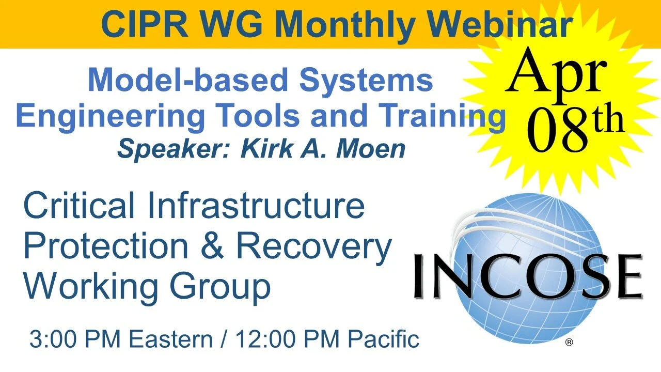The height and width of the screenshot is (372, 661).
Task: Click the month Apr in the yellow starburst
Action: [x=556, y=72]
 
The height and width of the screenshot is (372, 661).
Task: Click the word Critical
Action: [x=80, y=205]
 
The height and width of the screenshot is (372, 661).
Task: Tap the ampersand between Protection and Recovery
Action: [x=212, y=246]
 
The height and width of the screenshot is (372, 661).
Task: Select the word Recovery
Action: [x=314, y=247]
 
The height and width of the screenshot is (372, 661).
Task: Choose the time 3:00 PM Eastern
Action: [x=121, y=339]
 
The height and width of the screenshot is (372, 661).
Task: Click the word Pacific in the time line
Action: [x=383, y=339]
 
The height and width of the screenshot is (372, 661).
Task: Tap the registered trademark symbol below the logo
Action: [x=569, y=342]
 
